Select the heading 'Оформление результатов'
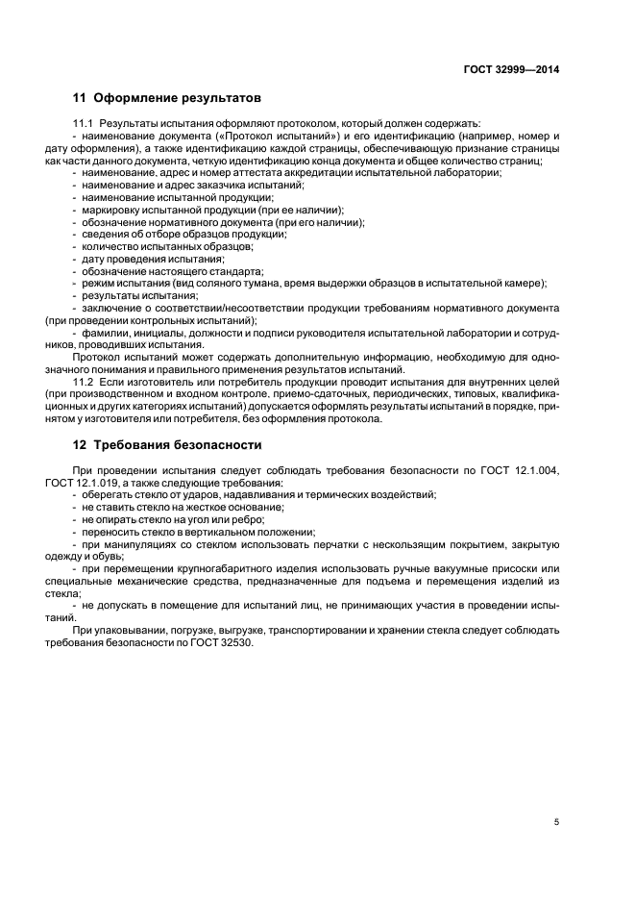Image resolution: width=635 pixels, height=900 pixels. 177,98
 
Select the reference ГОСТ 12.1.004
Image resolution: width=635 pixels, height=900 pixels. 525,469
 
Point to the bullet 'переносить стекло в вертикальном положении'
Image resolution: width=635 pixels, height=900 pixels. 198,531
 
